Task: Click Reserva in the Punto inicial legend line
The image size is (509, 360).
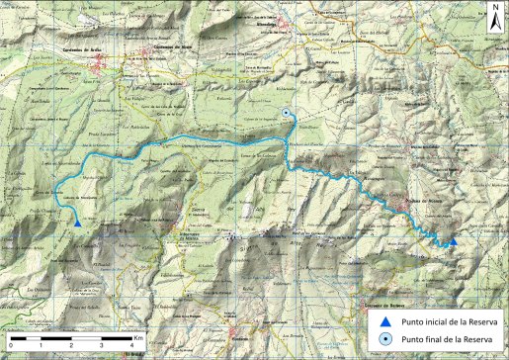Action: [x=484, y=322]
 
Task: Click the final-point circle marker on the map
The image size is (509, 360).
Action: [x=287, y=114]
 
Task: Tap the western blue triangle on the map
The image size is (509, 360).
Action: [x=77, y=223]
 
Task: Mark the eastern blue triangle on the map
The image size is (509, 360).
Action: [x=453, y=240]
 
